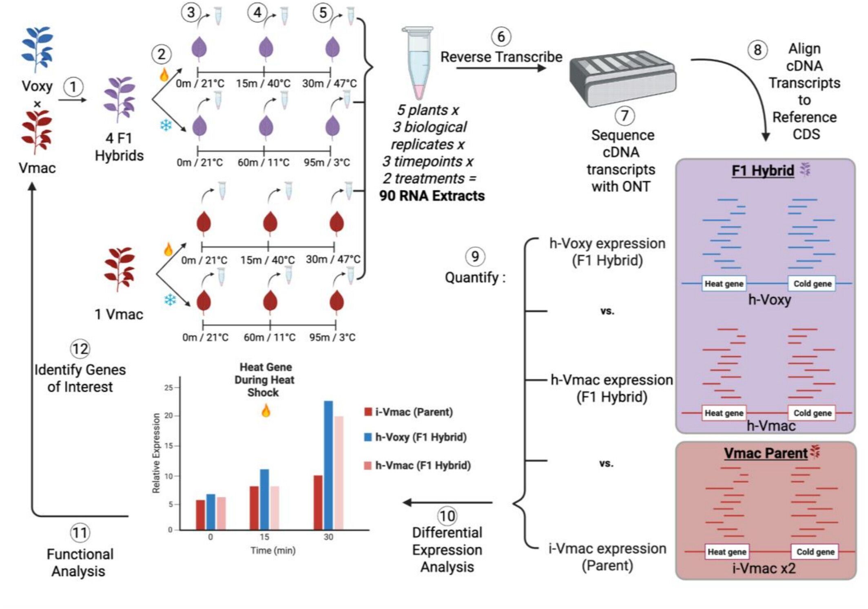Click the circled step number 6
(501, 37)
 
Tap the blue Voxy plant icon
(37, 49)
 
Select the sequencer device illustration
(622, 77)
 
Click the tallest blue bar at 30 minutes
(328, 465)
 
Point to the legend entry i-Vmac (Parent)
(409, 412)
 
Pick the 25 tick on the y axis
(168, 388)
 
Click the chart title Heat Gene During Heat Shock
(265, 380)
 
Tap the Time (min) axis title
(273, 551)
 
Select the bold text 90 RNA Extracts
(432, 196)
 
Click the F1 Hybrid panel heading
(763, 170)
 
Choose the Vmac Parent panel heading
(766, 453)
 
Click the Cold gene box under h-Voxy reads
(812, 284)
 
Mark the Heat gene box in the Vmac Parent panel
(726, 552)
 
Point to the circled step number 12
(80, 349)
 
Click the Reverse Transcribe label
(501, 57)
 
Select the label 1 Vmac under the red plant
(119, 314)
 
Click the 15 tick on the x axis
(264, 537)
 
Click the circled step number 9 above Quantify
(475, 257)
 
